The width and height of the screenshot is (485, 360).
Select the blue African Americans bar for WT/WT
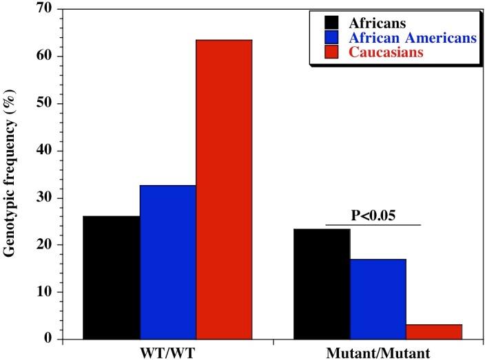click(x=168, y=262)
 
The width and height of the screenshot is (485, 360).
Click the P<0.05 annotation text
click(x=372, y=214)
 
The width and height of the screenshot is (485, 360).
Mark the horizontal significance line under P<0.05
click(x=372, y=224)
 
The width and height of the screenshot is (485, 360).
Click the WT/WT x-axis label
click(x=167, y=352)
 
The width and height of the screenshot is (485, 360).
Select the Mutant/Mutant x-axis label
click(x=378, y=352)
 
